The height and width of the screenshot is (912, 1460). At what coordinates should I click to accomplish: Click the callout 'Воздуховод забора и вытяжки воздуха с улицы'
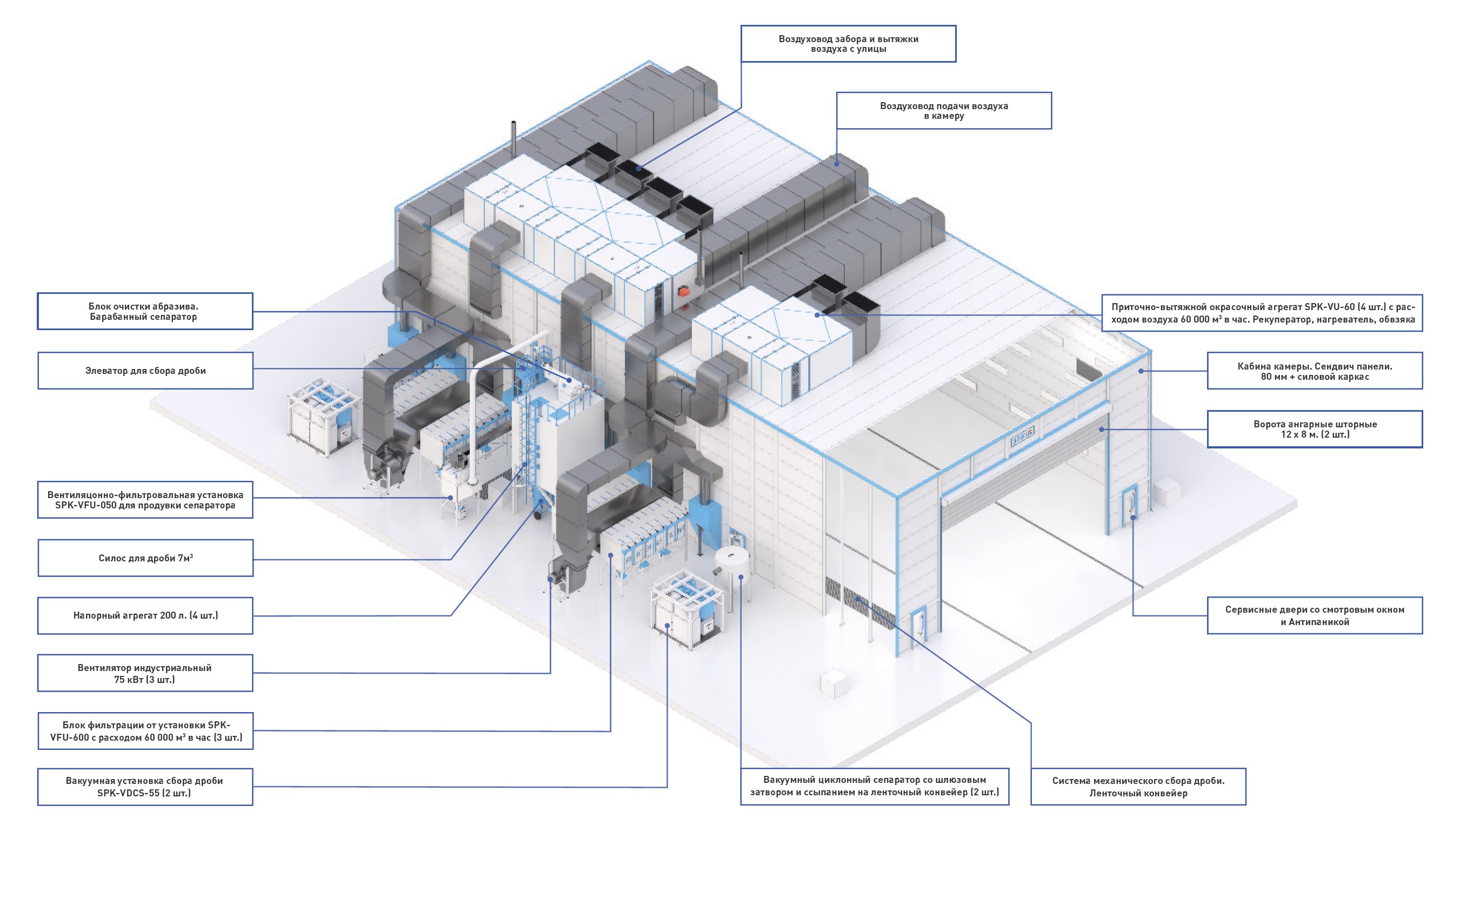pyautogui.click(x=848, y=43)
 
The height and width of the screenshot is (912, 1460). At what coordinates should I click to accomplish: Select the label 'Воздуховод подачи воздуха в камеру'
pyautogui.click(x=944, y=110)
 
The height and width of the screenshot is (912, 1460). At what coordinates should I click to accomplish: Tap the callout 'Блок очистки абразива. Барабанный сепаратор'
pyautogui.click(x=145, y=311)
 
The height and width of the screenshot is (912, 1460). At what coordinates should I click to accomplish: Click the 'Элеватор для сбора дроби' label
pyautogui.click(x=145, y=370)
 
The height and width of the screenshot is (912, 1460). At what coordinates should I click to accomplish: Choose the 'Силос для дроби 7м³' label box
pyautogui.click(x=145, y=558)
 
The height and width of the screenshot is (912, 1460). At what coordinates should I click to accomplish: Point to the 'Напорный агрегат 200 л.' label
pyautogui.click(x=145, y=615)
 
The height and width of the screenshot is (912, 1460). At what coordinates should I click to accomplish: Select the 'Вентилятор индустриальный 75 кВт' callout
pyautogui.click(x=145, y=673)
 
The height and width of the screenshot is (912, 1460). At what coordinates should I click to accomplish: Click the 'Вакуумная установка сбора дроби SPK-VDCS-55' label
pyautogui.click(x=145, y=787)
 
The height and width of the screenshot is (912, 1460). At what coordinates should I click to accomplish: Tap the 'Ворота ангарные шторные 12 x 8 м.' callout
pyautogui.click(x=1315, y=429)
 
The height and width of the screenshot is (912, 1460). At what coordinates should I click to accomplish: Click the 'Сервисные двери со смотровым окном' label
pyautogui.click(x=1315, y=615)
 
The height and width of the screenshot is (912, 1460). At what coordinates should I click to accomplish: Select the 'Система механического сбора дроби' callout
pyautogui.click(x=1138, y=787)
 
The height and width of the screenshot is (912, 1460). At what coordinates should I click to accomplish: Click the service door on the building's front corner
pyautogui.click(x=918, y=624)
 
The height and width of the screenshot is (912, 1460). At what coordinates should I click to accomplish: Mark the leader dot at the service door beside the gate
pyautogui.click(x=1133, y=517)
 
